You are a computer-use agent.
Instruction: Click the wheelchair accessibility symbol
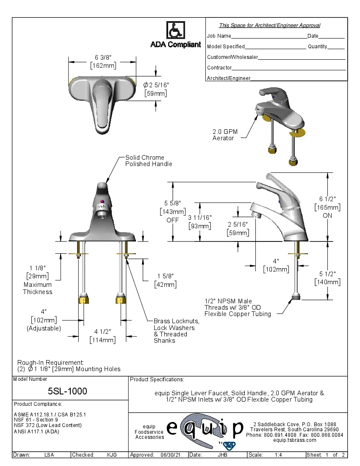pyautogui.click(x=175, y=31)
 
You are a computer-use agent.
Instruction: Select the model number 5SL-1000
pyautogui.click(x=67, y=391)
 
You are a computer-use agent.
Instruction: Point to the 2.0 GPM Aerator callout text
pyautogui.click(x=225, y=135)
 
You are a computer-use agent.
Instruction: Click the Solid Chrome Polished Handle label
pyautogui.click(x=149, y=161)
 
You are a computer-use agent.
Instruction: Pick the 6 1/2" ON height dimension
pyautogui.click(x=327, y=207)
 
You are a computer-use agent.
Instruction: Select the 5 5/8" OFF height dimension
pyautogui.click(x=172, y=211)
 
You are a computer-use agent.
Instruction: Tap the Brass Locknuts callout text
pyautogui.click(x=176, y=331)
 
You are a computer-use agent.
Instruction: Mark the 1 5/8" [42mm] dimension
pyautogui.click(x=166, y=280)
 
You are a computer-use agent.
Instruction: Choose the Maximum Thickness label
pyautogui.click(x=38, y=288)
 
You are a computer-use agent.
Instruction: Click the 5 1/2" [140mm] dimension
pyautogui.click(x=327, y=278)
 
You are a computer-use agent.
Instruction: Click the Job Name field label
pyautogui.click(x=219, y=36)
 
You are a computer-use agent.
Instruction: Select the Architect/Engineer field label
pyautogui.click(x=229, y=78)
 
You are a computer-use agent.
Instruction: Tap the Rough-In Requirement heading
pyautogui.click(x=50, y=363)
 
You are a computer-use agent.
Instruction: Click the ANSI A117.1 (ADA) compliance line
pyautogui.click(x=36, y=432)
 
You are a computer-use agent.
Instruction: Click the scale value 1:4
pyautogui.click(x=279, y=455)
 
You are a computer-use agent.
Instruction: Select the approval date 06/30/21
pyautogui.click(x=170, y=455)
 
